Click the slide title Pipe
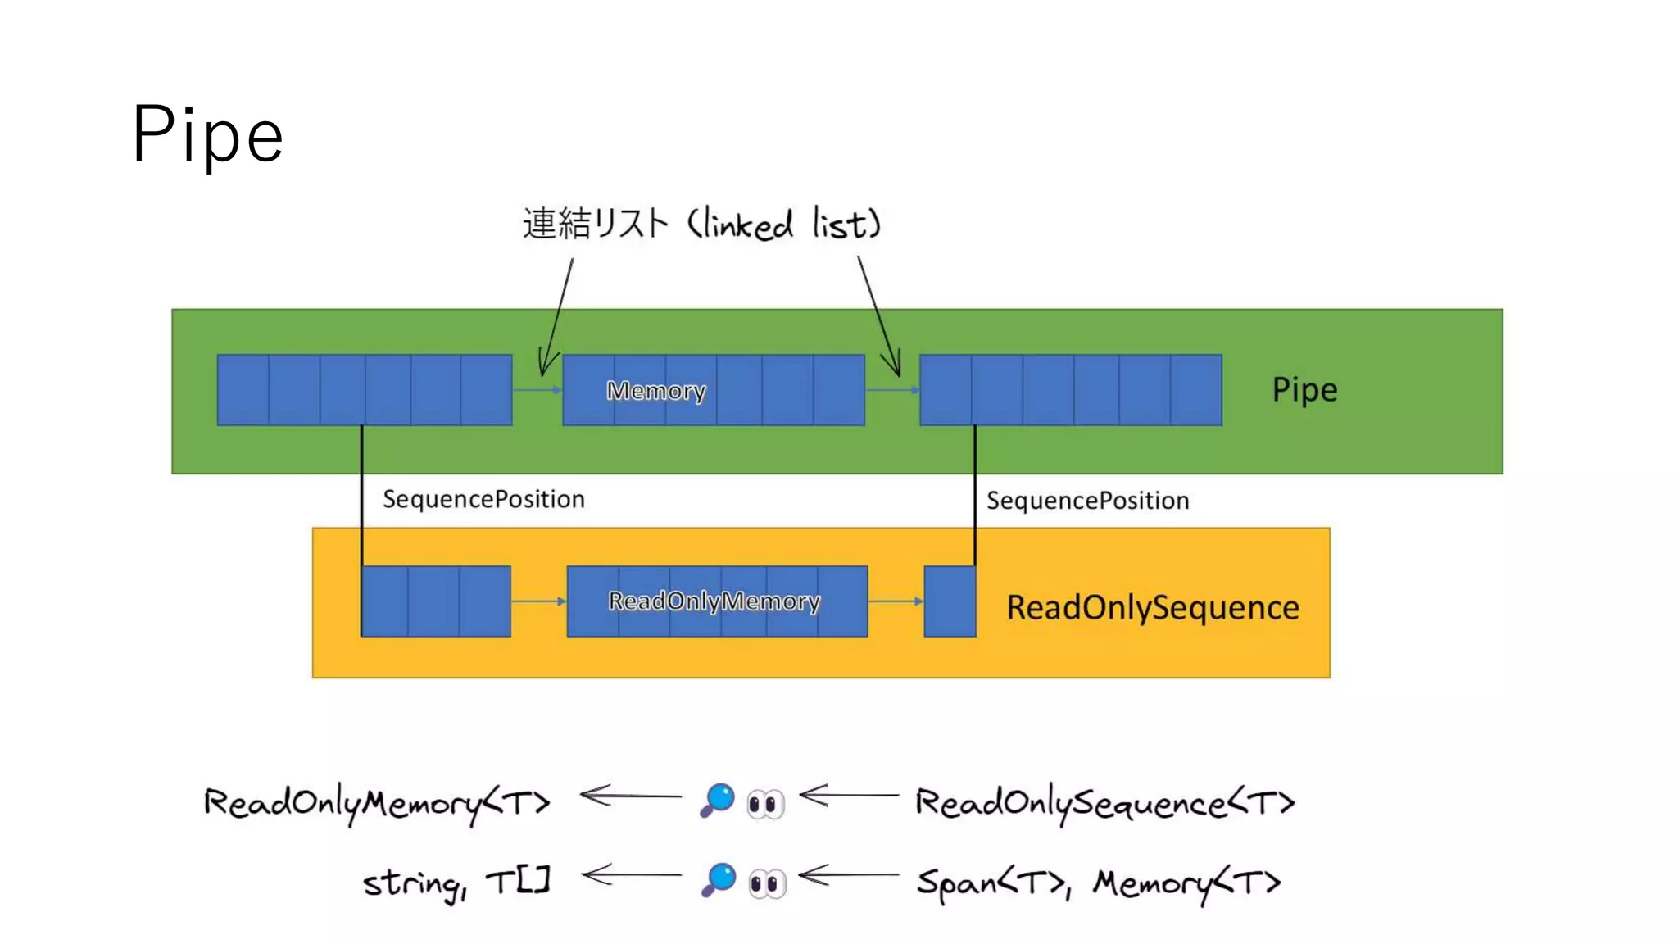click(207, 134)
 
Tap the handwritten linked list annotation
click(701, 224)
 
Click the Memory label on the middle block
click(655, 391)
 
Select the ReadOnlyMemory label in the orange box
click(714, 601)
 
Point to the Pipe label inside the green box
click(1304, 389)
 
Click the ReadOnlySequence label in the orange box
click(1152, 607)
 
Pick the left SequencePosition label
click(483, 499)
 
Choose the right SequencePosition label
click(1087, 501)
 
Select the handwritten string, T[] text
click(456, 883)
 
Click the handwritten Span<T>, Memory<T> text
click(1098, 883)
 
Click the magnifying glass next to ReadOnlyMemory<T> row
click(718, 800)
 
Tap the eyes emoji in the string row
click(767, 883)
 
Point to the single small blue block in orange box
click(950, 601)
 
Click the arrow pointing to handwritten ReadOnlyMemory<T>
click(629, 796)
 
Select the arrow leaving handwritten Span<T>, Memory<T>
click(849, 876)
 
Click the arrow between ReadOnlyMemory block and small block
click(896, 601)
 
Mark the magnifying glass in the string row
click(719, 880)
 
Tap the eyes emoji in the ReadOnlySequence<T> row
click(766, 804)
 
